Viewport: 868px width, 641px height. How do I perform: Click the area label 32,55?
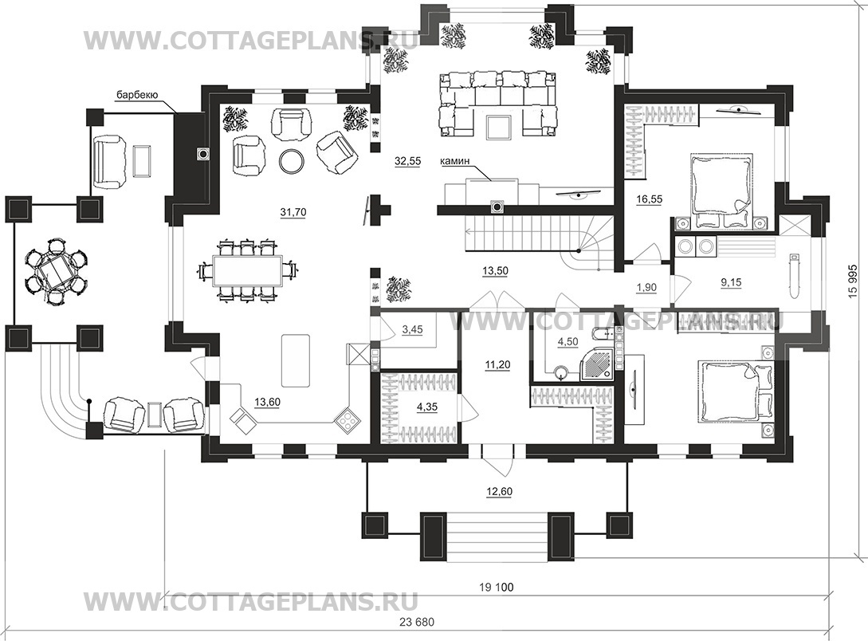coord(407,161)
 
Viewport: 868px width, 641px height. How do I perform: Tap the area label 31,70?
coord(293,212)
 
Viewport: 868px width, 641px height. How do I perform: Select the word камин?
coord(455,161)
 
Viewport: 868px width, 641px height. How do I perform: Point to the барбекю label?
coord(137,95)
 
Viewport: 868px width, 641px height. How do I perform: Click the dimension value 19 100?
coord(497,587)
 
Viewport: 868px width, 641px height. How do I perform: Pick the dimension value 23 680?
coord(417,622)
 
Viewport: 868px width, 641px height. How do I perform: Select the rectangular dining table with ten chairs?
coord(248,270)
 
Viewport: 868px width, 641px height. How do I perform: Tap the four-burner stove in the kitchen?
coord(347,420)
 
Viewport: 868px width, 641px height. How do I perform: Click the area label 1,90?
coord(646,287)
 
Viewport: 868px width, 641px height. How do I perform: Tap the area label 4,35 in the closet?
coord(426,407)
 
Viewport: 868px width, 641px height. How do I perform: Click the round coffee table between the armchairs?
coord(291,161)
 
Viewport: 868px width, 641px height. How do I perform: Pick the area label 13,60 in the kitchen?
coord(267,403)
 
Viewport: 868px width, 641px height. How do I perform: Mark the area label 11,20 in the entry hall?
coord(497,364)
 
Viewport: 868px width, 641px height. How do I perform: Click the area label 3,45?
coord(412,329)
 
